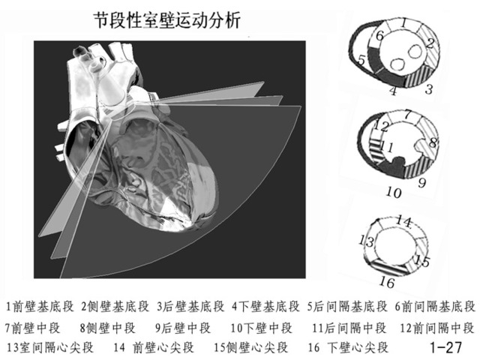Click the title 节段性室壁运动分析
pyautogui.click(x=166, y=20)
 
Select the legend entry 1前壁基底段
pyautogui.click(x=40, y=307)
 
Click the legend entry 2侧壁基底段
pyautogui.click(x=115, y=307)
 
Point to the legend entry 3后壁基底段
pyautogui.click(x=190, y=307)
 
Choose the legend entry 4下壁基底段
pyautogui.click(x=265, y=307)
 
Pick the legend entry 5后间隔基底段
pyautogui.click(x=347, y=307)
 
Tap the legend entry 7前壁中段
pyautogui.click(x=33, y=328)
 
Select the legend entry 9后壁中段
pyautogui.click(x=183, y=328)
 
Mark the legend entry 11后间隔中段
pyautogui.click(x=349, y=328)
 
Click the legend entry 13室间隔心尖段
pyautogui.click(x=50, y=348)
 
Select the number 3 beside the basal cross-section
pyautogui.click(x=429, y=90)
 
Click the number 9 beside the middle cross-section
pyautogui.click(x=421, y=181)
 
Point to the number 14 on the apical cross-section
pyautogui.click(x=403, y=221)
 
